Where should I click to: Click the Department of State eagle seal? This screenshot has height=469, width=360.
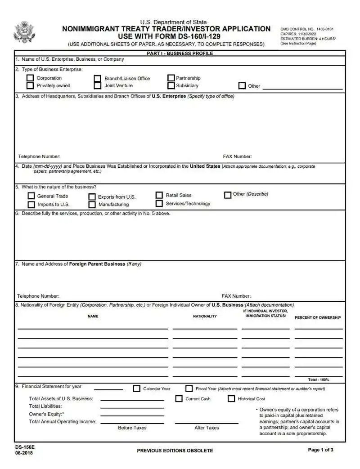coord(24,32)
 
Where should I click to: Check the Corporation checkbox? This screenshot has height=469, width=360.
coord(30,78)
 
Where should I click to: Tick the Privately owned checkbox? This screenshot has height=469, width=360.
coord(30,85)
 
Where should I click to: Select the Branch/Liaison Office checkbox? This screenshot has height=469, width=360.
coord(97,79)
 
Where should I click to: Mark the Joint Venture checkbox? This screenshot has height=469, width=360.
coord(97,85)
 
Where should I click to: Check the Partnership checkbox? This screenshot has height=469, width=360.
coord(171,78)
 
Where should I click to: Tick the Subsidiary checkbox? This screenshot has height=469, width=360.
coord(171,85)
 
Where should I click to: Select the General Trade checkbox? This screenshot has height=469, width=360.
coord(31,196)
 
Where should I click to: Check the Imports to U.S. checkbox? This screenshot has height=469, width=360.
coord(31,205)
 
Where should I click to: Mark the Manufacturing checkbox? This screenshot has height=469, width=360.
coord(92,205)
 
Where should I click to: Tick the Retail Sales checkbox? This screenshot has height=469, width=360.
coord(159,195)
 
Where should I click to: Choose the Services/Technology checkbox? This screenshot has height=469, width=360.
coord(159,204)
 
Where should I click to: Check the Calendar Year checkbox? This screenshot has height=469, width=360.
coord(137,389)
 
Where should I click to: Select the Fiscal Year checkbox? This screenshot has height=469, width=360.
coord(189,389)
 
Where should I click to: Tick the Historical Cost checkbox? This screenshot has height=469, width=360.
coord(231,398)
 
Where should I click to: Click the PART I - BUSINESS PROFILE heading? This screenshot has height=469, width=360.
coord(180,54)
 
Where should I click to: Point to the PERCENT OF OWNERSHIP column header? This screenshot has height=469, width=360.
coord(318,317)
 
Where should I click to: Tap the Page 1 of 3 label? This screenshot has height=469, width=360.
coord(320,450)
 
